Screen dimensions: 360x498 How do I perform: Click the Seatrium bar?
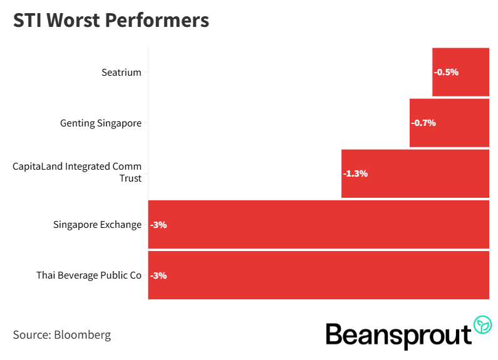(461, 72)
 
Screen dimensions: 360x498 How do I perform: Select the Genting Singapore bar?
(449, 123)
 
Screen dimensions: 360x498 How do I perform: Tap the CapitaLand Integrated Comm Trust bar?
(415, 173)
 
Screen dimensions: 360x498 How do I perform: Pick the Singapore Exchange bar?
(318, 224)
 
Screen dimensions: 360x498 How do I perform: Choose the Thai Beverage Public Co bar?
(318, 275)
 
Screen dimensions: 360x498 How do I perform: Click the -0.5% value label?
(446, 72)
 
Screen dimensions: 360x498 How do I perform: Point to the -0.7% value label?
(423, 123)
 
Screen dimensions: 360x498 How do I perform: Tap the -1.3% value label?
(355, 173)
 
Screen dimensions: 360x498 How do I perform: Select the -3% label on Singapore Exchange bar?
(158, 225)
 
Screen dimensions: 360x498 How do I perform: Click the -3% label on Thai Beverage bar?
(158, 275)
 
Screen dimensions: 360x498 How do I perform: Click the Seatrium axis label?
(122, 73)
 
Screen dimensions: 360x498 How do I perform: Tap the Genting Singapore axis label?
(101, 123)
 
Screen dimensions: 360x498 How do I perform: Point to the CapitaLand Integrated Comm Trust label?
(78, 172)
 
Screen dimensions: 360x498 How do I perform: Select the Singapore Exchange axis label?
(98, 225)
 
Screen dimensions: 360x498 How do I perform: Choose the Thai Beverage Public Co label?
(89, 275)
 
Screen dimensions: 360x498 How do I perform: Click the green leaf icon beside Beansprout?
(482, 324)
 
